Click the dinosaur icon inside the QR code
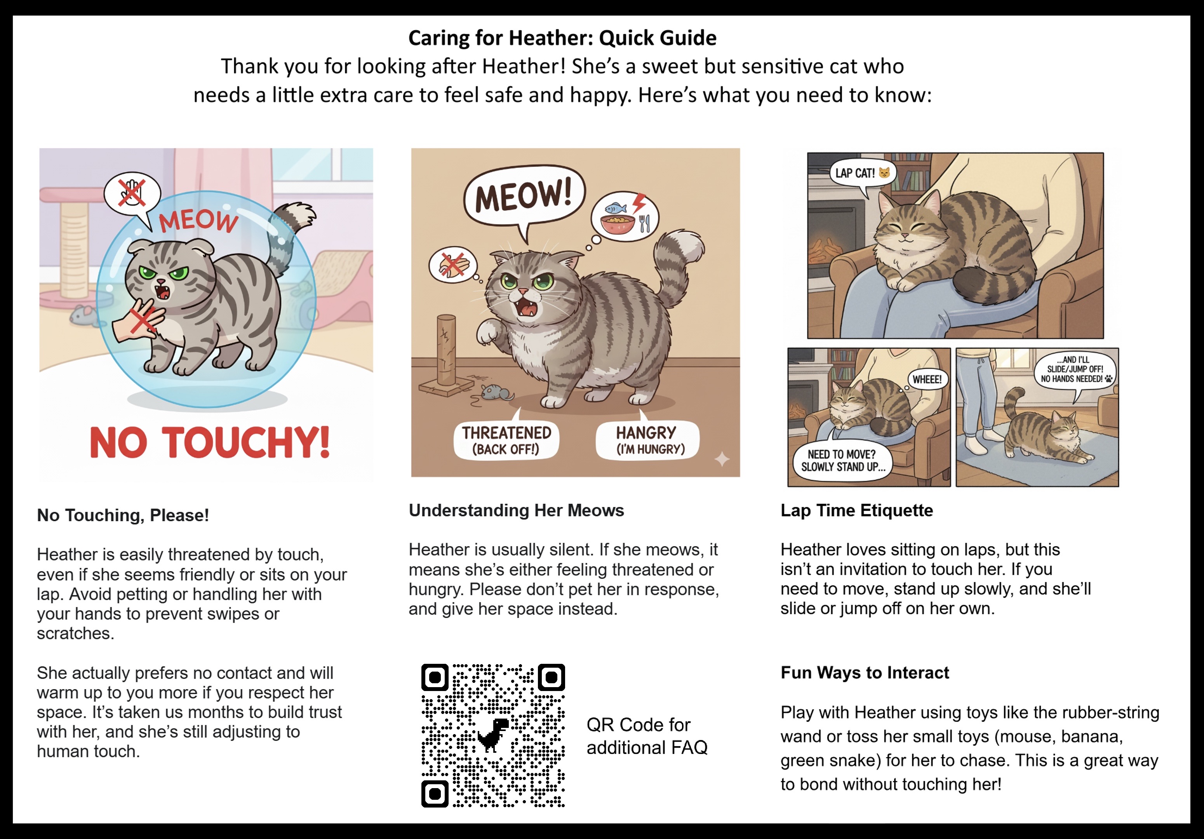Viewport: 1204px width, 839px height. coord(493,734)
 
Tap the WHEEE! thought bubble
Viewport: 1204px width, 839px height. coord(927,379)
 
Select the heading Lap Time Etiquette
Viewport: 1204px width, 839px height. coord(856,510)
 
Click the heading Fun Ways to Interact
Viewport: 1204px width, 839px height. coord(864,673)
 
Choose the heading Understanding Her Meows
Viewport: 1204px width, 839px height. coord(516,510)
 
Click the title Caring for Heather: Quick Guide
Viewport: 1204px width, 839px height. coord(562,38)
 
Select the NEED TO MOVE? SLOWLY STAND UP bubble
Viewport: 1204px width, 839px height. coord(842,460)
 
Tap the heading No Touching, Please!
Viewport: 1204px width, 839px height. coord(123,515)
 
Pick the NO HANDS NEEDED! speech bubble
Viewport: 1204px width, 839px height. coord(1075,370)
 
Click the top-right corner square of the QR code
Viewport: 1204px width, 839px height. coord(551,677)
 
